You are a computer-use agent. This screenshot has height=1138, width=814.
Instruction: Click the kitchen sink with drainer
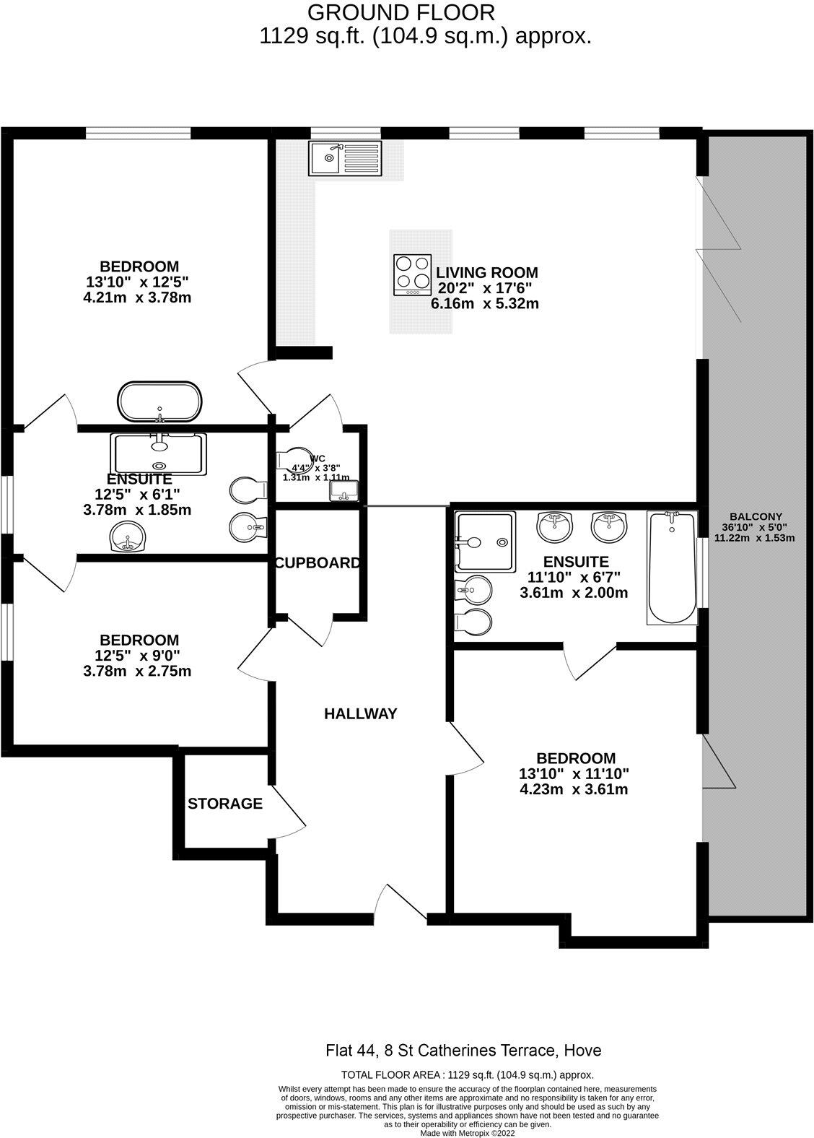point(345,159)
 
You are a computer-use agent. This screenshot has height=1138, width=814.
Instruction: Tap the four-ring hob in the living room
point(412,274)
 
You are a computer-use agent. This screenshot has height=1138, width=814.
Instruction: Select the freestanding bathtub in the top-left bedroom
point(160,401)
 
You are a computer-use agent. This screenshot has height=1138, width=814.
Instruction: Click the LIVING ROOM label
point(487,273)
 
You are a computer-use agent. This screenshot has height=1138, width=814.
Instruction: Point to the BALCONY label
point(755,516)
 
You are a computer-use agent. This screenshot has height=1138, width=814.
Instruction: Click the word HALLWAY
point(360,713)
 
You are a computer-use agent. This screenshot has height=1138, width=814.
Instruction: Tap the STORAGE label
point(225,804)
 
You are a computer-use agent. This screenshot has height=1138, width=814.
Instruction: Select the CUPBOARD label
point(317,563)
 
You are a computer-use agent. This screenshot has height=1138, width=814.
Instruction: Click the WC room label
point(318,459)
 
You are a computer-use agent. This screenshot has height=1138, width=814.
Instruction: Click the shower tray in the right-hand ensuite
point(485,541)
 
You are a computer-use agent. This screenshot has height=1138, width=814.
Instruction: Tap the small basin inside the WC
point(343,492)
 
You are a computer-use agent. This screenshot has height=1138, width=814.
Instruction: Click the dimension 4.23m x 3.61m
point(574,789)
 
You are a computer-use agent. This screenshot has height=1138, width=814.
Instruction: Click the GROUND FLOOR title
point(401,12)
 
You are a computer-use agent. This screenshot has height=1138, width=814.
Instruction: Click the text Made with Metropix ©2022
point(467,1133)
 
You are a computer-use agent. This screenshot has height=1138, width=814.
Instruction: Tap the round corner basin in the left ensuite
point(128,538)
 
